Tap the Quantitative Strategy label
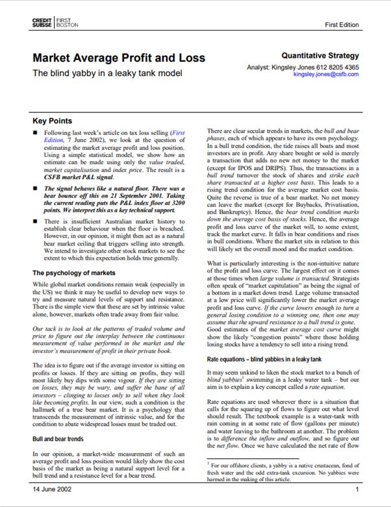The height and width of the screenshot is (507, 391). click(x=320, y=56)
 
